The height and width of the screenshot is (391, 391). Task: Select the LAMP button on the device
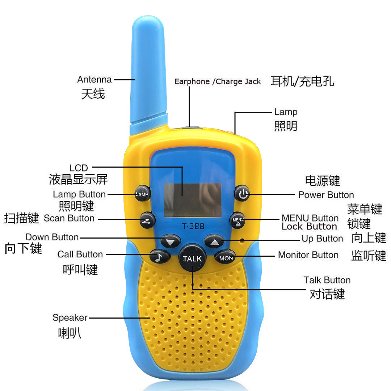click(142, 194)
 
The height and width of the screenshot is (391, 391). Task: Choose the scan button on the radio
click(147, 220)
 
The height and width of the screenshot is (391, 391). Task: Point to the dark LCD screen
click(192, 200)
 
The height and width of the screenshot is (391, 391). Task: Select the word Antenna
click(94, 79)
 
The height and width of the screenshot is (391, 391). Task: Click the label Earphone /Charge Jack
click(218, 82)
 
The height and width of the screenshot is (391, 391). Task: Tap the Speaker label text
click(70, 318)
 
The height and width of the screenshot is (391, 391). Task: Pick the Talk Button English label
click(327, 280)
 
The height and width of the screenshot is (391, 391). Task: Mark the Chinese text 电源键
click(323, 180)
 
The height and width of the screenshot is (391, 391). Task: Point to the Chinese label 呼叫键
click(80, 269)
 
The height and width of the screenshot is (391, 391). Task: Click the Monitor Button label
click(308, 255)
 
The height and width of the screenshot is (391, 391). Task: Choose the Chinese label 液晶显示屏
click(78, 179)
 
